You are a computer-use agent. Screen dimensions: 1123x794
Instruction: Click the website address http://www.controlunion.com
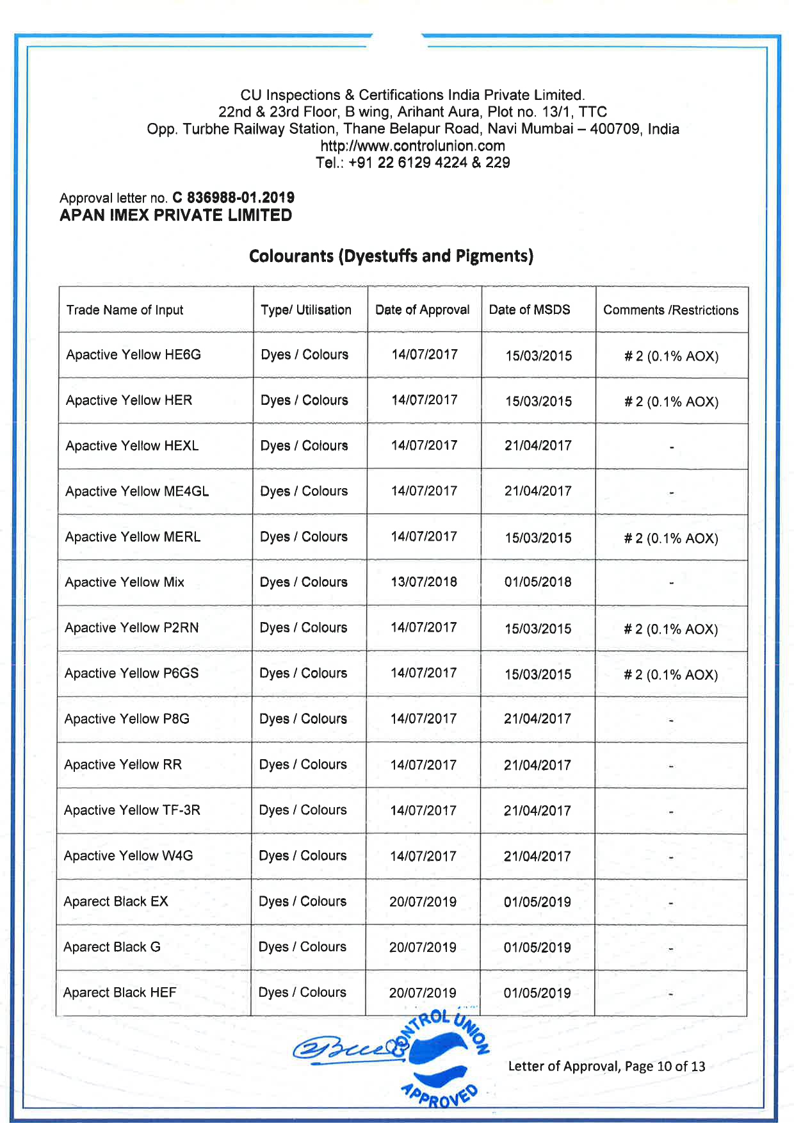pos(412,146)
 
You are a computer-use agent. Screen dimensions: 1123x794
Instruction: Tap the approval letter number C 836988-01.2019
pos(233,197)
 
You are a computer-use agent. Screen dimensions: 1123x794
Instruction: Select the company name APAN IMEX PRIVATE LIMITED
pos(176,215)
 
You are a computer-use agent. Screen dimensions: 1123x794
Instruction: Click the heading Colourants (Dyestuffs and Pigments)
pos(391,256)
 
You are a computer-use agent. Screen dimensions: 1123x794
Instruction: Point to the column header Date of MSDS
pos(530,310)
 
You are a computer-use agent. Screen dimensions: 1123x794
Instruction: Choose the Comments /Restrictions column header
pos(670,311)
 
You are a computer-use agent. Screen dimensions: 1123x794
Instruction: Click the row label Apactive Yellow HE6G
pos(133,355)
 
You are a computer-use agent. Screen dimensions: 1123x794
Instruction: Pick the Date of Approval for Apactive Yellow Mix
pos(424,582)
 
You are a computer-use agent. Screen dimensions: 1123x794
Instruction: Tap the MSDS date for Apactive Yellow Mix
pos(538,582)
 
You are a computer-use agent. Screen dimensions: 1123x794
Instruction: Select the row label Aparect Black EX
pos(116,901)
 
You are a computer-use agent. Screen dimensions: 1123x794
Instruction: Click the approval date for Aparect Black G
pos(423,947)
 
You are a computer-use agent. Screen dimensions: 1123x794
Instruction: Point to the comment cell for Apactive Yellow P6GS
pos(670,675)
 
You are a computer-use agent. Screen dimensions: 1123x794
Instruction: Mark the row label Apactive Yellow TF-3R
pos(132,810)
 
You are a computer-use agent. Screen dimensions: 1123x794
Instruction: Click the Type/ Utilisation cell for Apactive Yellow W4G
pos(303,856)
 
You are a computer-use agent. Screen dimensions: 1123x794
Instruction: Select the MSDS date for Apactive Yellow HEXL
pos(538,446)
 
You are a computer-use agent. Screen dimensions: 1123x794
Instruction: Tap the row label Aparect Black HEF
pos(120,992)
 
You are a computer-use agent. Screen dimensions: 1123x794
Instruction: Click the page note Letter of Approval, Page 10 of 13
pos(606,1067)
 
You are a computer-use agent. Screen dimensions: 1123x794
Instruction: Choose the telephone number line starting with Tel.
pos(412,163)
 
